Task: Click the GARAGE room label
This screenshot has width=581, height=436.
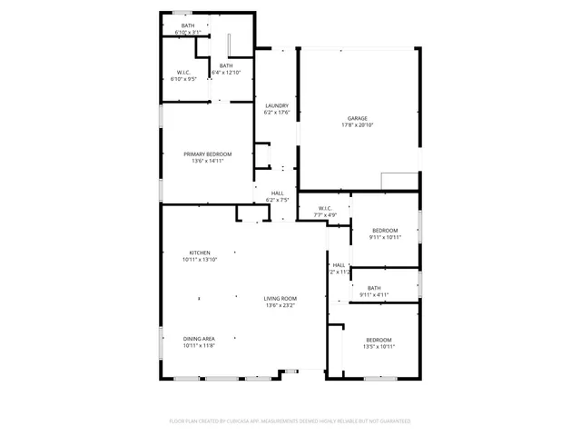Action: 358,118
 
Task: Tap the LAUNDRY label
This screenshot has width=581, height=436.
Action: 276,106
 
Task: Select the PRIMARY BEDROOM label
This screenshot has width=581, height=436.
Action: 208,154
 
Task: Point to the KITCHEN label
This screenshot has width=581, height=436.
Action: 200,253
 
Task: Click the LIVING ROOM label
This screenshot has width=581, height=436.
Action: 281,299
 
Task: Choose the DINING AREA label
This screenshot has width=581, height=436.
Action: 200,339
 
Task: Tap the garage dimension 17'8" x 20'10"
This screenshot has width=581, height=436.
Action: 358,124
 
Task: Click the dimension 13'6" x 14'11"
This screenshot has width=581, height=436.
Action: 208,161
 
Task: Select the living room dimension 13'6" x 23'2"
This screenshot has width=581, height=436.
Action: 281,305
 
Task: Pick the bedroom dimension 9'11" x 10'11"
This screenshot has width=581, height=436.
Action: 385,237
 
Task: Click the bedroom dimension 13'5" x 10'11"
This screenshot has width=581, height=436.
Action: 379,346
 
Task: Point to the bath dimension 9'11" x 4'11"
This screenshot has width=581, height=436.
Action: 373,294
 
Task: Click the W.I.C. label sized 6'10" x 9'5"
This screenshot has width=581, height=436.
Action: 184,79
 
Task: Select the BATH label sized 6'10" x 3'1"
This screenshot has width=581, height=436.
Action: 188,33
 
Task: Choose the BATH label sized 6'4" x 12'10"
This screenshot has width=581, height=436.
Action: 225,72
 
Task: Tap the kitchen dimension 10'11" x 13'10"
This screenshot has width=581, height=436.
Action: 200,259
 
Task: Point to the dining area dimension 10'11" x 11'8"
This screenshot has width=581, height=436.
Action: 200,345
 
